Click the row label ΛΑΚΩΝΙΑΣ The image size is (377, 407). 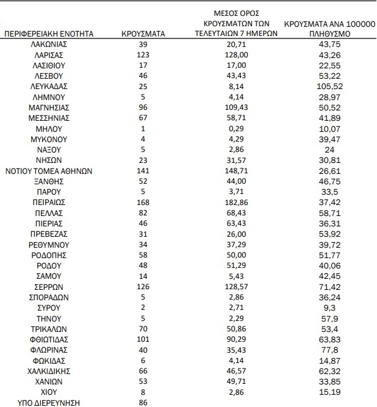[x=49, y=45]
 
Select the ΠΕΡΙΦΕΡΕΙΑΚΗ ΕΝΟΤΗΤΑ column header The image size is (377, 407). [x=49, y=34]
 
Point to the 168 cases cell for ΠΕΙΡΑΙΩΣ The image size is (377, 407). [x=143, y=201]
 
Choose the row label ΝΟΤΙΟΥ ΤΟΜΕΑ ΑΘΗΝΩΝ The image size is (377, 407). [x=49, y=171]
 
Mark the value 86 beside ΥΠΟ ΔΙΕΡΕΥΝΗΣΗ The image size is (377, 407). [x=143, y=402]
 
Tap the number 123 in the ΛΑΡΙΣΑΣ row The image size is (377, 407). [x=143, y=56]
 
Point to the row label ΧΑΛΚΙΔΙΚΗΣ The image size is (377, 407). [x=49, y=370]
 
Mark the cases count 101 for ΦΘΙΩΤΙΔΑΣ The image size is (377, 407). [x=143, y=339]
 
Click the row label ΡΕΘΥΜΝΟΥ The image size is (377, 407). [x=49, y=243]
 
